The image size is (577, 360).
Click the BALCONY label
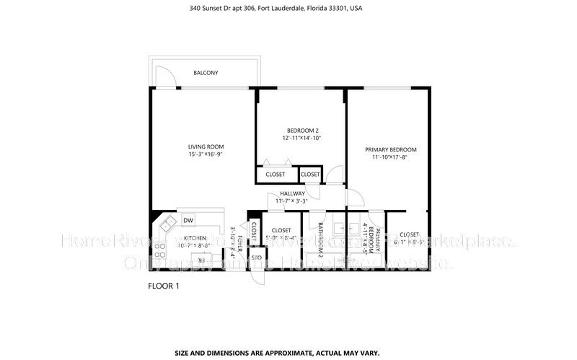pos(206,73)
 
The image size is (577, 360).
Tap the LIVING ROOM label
pos(206,146)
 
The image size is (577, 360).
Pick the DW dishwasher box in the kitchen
pos(188,221)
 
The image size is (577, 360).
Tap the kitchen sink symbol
pos(169,223)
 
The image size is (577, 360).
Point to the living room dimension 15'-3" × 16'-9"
pos(206,154)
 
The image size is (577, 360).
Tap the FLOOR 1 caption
pos(163,286)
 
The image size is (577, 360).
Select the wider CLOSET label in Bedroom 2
pos(275,175)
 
